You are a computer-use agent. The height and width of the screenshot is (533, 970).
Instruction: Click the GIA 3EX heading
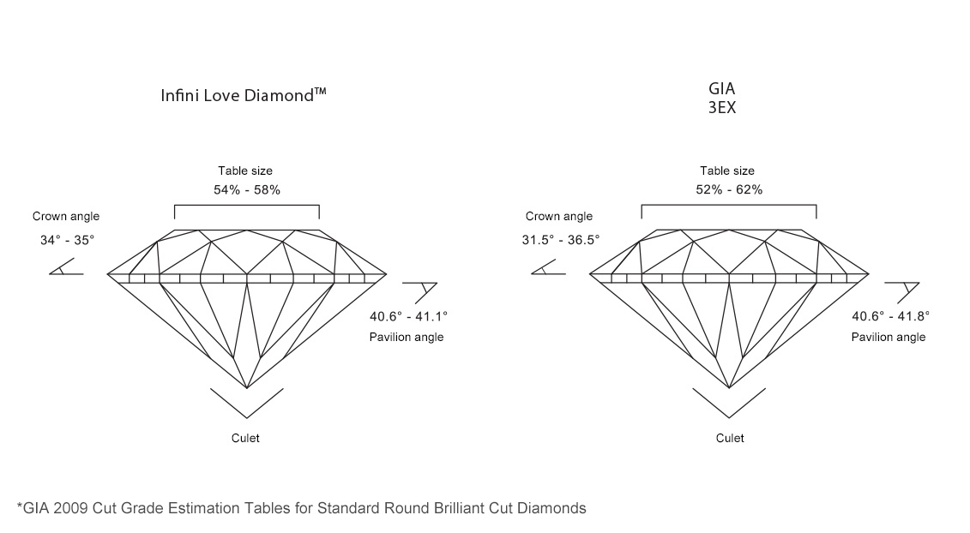pos(723,99)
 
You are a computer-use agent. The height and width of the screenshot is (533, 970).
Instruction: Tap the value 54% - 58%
pos(246,189)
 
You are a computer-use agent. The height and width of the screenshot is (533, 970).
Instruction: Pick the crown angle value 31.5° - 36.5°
pos(561,241)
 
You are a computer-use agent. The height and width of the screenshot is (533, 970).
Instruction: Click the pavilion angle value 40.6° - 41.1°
pos(407,316)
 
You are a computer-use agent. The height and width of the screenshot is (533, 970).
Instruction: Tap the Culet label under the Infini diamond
pos(245,438)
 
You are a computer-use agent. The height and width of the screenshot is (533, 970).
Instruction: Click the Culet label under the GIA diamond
pos(730,438)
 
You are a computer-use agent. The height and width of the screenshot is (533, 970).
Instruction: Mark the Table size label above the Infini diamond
pos(245,171)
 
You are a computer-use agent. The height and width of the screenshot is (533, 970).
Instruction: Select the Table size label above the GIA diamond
pos(727,171)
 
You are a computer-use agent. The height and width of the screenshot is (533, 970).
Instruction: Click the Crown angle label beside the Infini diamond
pos(66,217)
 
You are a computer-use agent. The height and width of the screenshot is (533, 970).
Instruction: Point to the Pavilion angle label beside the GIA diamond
pos(888,338)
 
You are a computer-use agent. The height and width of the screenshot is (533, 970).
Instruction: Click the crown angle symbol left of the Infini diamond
pos(65,268)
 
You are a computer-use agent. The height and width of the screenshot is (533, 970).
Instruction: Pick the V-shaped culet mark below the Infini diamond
pos(247,403)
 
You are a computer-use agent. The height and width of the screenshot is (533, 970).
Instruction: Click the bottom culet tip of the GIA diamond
pos(729,387)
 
